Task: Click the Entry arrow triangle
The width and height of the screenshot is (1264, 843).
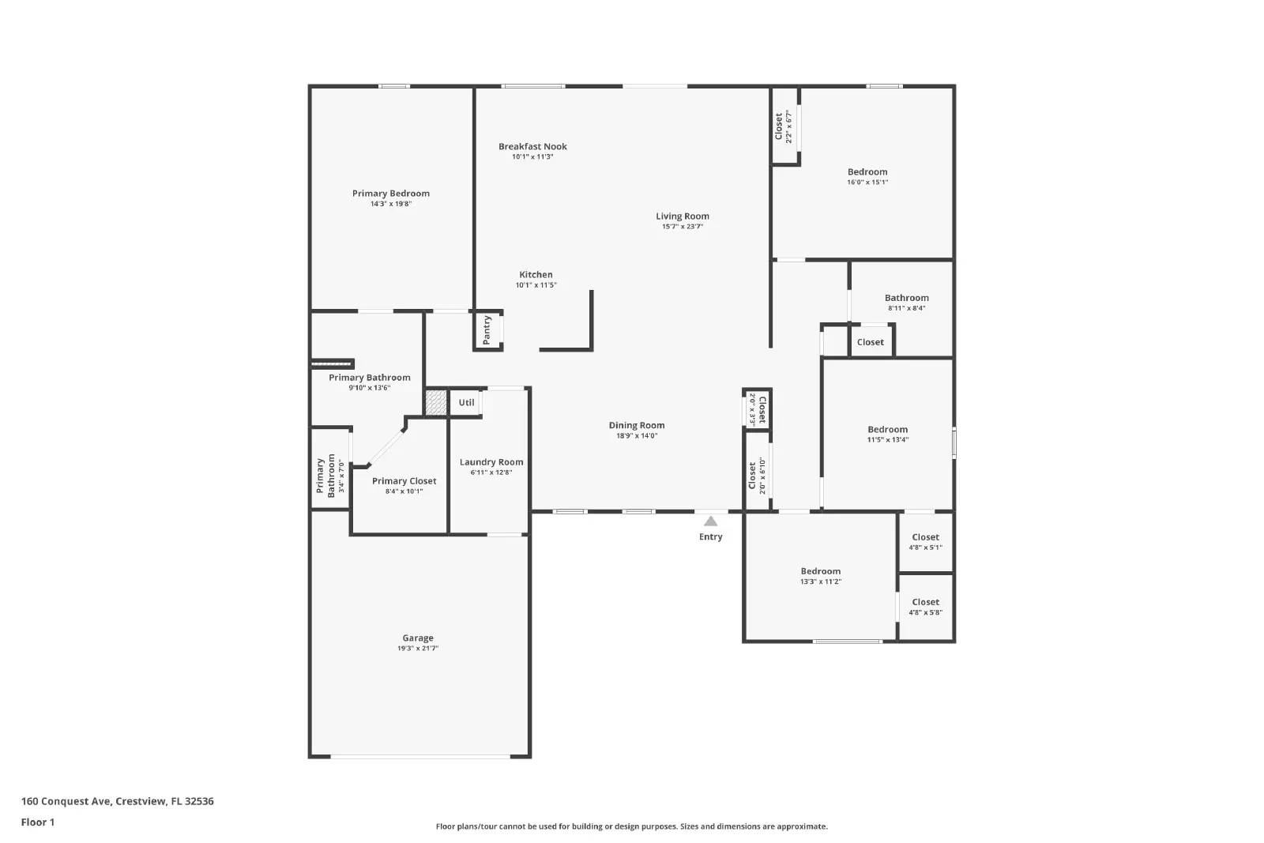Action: (x=710, y=521)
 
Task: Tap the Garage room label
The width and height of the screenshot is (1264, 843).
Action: (x=417, y=638)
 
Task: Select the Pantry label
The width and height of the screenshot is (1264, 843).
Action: (x=487, y=329)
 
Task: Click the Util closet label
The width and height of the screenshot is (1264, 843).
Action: (x=466, y=403)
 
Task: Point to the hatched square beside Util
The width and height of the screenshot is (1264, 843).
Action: (x=436, y=402)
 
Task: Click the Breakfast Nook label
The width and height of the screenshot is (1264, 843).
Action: (x=532, y=146)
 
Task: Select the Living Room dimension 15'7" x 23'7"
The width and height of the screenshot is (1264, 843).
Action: (x=683, y=227)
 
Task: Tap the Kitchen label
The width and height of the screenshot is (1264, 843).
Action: (x=536, y=275)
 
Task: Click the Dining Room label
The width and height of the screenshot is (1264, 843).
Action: (x=637, y=425)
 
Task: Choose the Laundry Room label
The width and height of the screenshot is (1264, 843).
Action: (x=491, y=462)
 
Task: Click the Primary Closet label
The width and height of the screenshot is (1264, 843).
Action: (x=404, y=481)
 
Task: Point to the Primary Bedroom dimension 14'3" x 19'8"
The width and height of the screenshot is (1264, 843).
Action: (x=391, y=204)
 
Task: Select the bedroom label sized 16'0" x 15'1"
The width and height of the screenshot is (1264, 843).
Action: (x=867, y=171)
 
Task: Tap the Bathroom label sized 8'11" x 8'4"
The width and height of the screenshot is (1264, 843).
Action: (x=906, y=298)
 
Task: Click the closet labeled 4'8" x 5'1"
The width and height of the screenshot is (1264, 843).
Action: (x=925, y=537)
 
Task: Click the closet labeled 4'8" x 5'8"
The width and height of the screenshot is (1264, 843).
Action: (x=925, y=602)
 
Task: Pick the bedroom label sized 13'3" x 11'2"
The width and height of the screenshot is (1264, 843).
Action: (x=820, y=571)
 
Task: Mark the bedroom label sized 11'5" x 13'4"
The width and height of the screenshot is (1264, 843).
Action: (x=887, y=430)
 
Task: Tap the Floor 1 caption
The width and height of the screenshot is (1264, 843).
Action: (x=38, y=822)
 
